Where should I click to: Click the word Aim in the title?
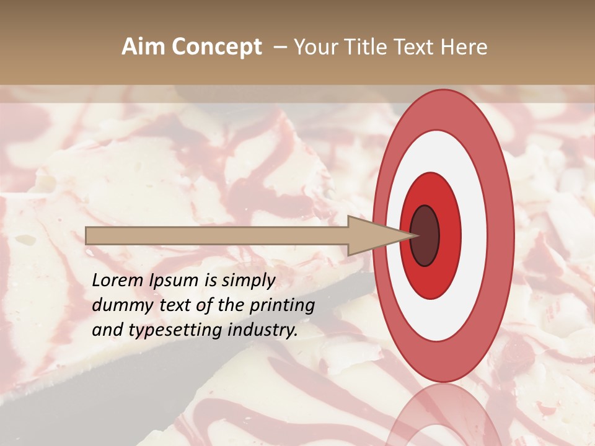(143, 47)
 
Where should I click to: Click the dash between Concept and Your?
(280, 47)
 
